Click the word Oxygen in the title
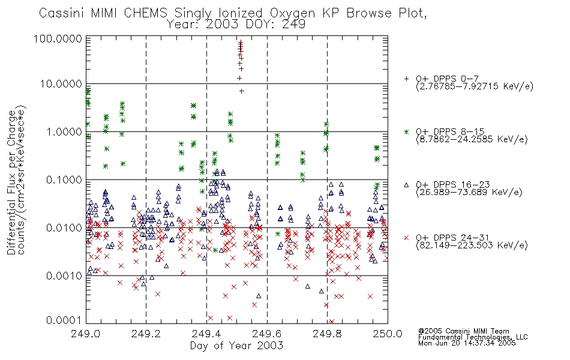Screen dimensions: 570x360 point(292,13)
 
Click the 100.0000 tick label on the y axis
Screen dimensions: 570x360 point(58,38)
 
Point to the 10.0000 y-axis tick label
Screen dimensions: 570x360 point(61,84)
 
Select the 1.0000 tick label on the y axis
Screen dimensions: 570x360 point(64,131)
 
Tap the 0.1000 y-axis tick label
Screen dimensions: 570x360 point(64,179)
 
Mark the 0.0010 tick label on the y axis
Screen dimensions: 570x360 point(64,276)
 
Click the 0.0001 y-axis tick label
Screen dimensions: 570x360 point(64,320)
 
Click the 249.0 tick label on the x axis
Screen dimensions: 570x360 point(86,334)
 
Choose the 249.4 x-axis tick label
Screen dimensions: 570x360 point(206,334)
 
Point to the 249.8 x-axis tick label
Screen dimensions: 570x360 point(327,334)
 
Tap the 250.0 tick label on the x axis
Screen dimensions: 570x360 point(388,334)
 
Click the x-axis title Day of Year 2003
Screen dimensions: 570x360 point(236,346)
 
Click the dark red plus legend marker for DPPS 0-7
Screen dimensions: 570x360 point(406,79)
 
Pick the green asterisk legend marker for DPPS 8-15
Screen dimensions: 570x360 point(406,131)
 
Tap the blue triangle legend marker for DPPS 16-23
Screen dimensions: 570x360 point(406,185)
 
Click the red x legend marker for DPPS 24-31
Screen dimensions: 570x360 point(406,238)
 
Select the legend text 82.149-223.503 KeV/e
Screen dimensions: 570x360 point(472,245)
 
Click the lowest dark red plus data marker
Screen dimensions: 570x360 point(242,91)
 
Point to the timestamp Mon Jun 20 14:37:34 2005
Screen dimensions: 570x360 point(467,343)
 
